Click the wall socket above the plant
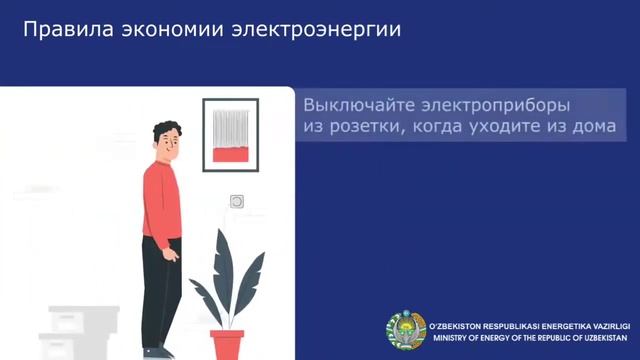pos(237,201)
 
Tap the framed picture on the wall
pos(231,133)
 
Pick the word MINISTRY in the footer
pos(454,337)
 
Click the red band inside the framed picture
pos(231,156)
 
